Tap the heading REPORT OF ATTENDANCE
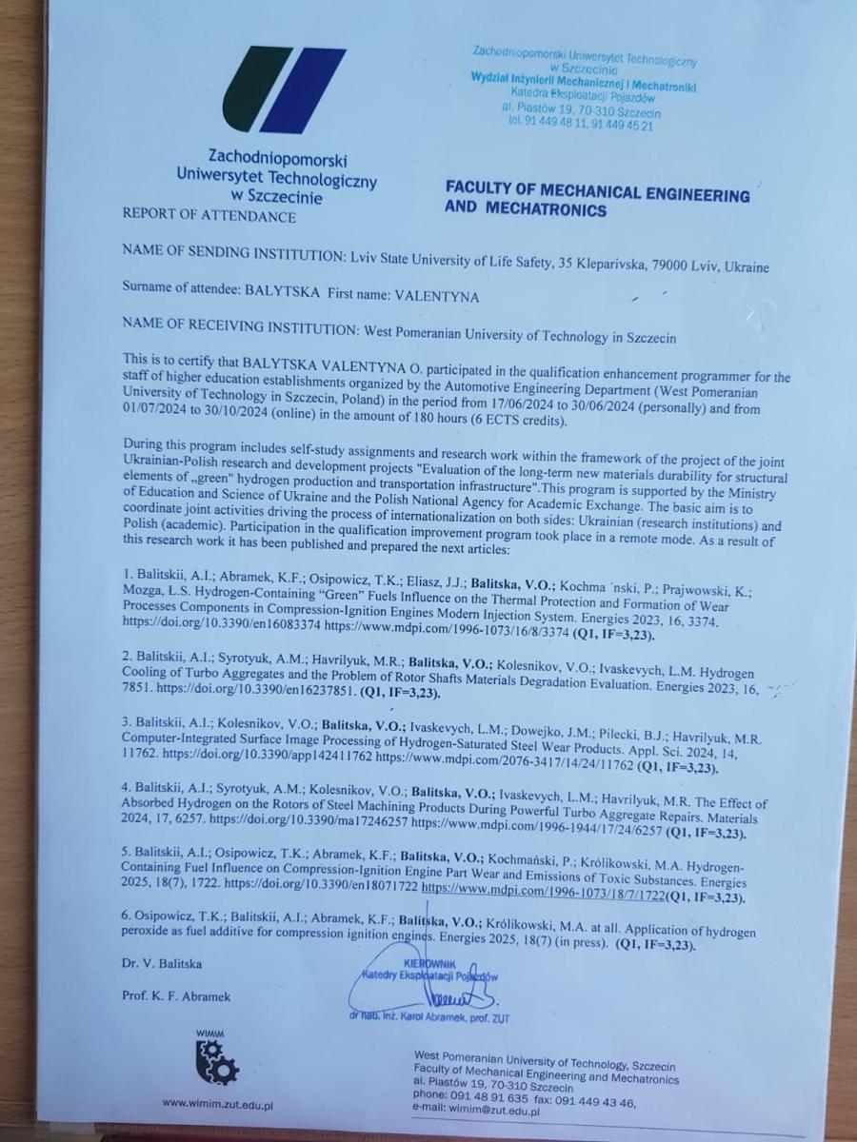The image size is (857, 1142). coord(209,216)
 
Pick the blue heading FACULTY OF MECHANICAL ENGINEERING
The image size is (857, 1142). coord(597,195)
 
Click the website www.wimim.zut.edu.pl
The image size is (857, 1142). coord(218,1104)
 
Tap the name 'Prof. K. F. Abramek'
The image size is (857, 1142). coord(176,996)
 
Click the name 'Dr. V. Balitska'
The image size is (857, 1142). coord(162,964)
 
